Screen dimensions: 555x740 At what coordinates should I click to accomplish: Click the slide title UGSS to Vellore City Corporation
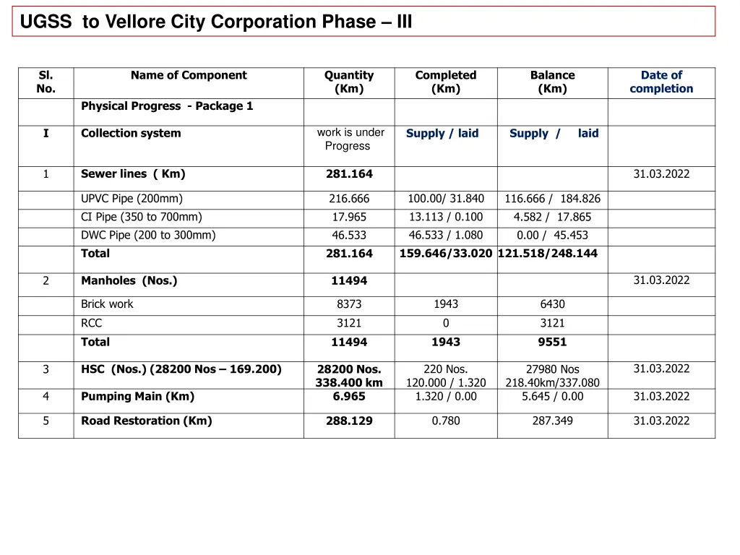(x=216, y=22)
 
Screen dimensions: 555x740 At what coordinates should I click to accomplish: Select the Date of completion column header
(x=661, y=82)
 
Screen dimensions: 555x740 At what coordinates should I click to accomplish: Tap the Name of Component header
(x=189, y=75)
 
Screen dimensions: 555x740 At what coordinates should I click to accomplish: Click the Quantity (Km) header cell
(x=349, y=82)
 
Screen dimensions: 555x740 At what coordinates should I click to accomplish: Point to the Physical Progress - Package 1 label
(x=167, y=106)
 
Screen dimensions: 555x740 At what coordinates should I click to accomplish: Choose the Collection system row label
(x=131, y=133)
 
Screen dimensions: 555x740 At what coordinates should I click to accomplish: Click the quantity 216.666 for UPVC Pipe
(x=349, y=199)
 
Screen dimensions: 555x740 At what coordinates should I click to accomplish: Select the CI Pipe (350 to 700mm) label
(x=142, y=217)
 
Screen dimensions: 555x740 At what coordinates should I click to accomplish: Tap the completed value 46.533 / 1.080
(x=446, y=235)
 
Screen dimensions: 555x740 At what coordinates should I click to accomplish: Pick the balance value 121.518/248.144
(x=548, y=254)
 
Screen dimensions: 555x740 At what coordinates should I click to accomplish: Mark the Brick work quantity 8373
(x=349, y=304)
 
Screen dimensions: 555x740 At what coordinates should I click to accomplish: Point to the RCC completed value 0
(x=446, y=323)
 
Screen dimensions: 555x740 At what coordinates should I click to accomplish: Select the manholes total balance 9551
(x=552, y=342)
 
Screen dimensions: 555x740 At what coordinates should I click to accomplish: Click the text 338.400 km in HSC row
(x=349, y=383)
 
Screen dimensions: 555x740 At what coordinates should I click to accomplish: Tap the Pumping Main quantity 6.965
(x=349, y=396)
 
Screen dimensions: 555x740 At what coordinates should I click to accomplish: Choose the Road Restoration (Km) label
(x=147, y=421)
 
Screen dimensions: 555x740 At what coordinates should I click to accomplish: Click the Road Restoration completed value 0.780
(x=446, y=421)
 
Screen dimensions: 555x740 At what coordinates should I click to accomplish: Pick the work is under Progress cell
(x=350, y=139)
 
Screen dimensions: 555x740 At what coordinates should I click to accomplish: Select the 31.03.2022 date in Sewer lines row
(x=661, y=173)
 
